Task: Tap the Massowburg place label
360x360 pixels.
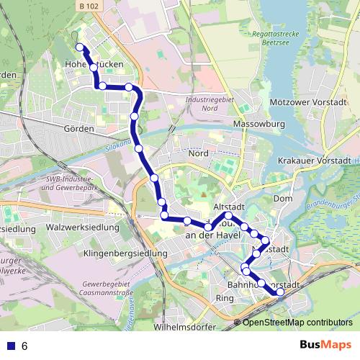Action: [259, 124]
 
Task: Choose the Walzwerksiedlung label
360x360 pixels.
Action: [81, 228]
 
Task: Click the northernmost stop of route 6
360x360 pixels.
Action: [79, 48]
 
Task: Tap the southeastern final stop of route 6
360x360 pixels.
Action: [280, 292]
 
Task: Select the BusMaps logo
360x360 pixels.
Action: [326, 346]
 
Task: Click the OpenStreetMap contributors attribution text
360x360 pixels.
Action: [297, 323]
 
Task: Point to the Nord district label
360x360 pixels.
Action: [198, 153]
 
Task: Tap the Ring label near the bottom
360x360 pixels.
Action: [225, 298]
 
